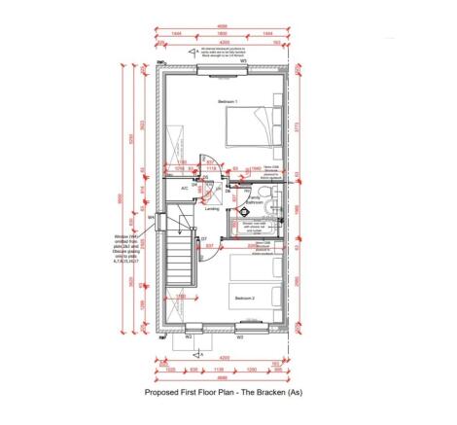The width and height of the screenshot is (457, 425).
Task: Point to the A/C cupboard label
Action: click(x=184, y=188)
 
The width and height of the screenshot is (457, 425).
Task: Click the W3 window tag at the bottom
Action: click(x=240, y=336)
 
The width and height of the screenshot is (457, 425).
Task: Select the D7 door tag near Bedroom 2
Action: click(x=203, y=238)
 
